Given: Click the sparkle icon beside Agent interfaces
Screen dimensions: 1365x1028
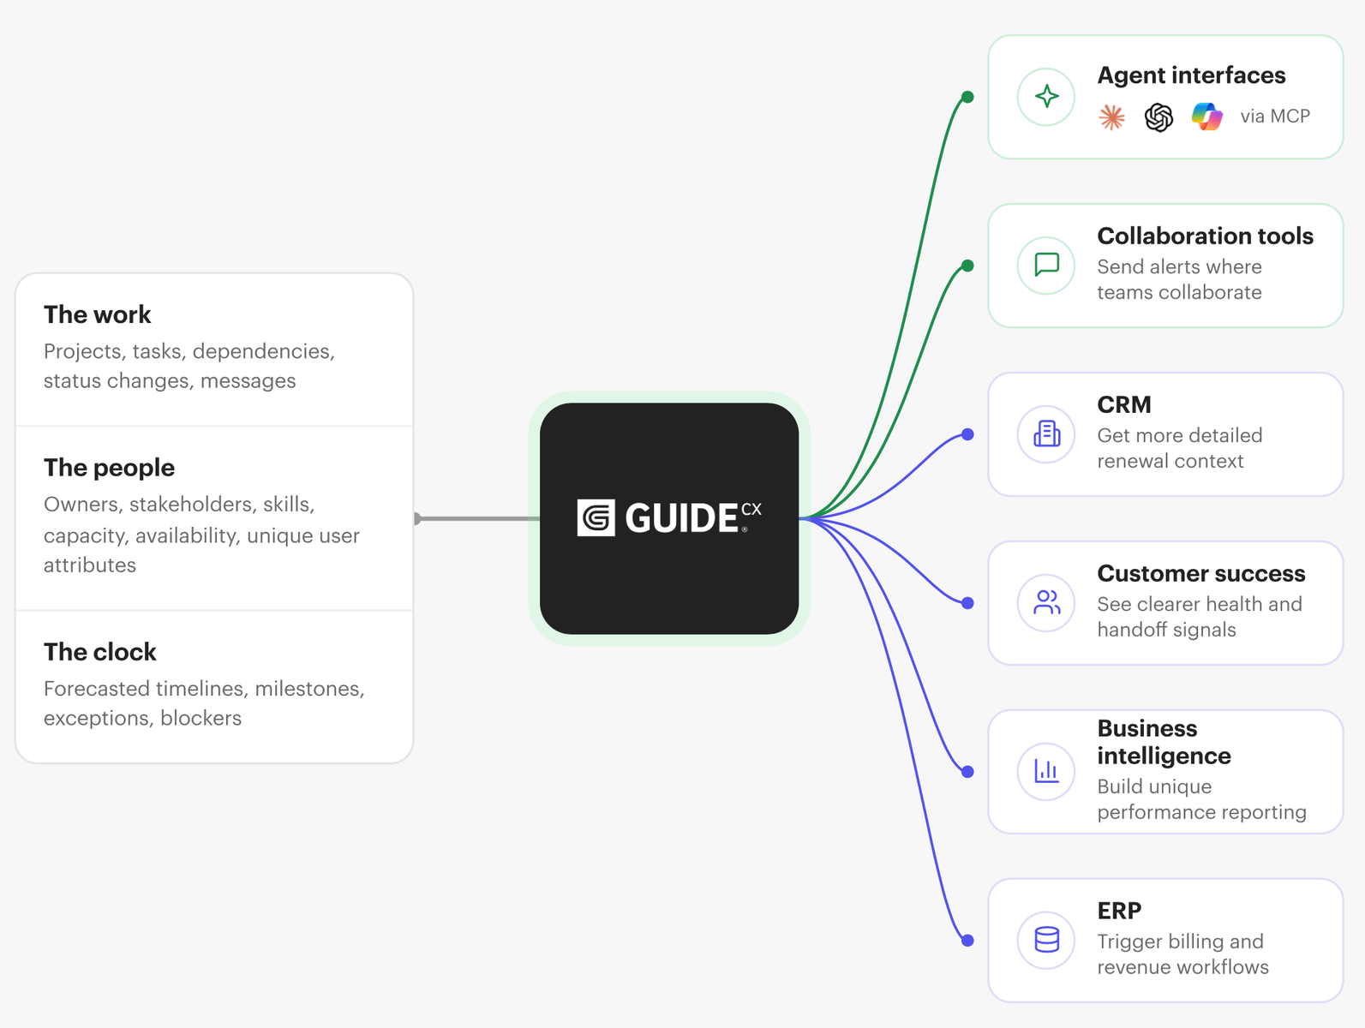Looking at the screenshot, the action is click(x=1046, y=96).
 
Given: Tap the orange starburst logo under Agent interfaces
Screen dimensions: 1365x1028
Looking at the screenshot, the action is click(x=1111, y=117).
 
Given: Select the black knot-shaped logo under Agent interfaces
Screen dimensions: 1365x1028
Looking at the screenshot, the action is click(x=1158, y=117).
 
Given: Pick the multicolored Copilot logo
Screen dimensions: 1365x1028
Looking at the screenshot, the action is click(x=1207, y=117).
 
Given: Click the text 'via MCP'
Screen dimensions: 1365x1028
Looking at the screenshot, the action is click(x=1275, y=117).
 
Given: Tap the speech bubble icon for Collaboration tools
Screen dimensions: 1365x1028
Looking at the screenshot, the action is click(x=1046, y=265).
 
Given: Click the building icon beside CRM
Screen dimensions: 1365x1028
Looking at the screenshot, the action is click(x=1046, y=433).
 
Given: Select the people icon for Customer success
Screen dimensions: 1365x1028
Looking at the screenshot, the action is click(x=1046, y=602).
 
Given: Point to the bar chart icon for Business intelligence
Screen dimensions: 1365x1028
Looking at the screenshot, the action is click(x=1046, y=771).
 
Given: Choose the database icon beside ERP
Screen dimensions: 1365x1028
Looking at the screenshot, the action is click(x=1046, y=940).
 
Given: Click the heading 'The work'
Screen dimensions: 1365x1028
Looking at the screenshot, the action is click(x=97, y=314).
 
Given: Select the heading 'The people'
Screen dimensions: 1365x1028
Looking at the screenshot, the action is click(x=109, y=468).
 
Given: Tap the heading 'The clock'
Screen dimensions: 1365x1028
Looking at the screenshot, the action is click(x=99, y=652).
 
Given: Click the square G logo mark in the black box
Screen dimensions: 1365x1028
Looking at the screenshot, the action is click(x=596, y=517).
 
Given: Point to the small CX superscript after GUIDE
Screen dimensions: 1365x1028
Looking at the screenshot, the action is click(x=751, y=510).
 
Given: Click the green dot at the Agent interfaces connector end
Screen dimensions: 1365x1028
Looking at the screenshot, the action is click(x=967, y=97).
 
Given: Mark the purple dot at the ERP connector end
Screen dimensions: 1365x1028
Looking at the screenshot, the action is click(x=967, y=941).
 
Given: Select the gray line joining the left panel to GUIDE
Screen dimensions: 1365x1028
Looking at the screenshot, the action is click(x=477, y=518).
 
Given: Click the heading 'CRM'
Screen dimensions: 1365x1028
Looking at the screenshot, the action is click(x=1123, y=404).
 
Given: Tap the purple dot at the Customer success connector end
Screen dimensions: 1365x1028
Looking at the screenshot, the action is click(x=967, y=603).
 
